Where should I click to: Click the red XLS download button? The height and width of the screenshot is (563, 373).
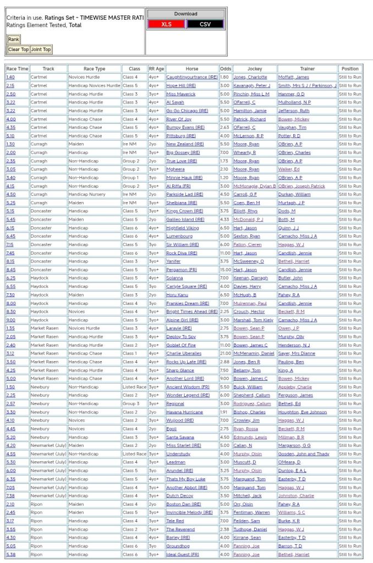coord(166,24)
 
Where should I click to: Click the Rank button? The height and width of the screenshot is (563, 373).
coord(13,39)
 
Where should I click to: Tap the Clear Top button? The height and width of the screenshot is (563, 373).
coord(18,50)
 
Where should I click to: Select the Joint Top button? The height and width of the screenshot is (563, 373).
coord(41,50)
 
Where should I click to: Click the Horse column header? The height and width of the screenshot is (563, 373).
coord(191,69)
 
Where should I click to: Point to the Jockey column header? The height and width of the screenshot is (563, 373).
coord(254,69)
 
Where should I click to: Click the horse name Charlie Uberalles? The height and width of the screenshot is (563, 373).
coord(184,353)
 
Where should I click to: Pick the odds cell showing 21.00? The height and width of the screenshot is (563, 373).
coord(226,353)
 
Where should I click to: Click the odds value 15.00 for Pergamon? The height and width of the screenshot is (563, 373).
coord(226,270)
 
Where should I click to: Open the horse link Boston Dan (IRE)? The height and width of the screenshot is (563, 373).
coord(181,504)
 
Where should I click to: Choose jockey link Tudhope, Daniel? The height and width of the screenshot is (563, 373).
coord(250,529)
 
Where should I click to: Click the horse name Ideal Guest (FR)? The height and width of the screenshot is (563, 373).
coord(183,554)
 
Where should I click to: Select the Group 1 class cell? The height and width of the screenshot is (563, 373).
coord(131,178)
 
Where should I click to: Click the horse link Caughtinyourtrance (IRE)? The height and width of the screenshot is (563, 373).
coord(191,77)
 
